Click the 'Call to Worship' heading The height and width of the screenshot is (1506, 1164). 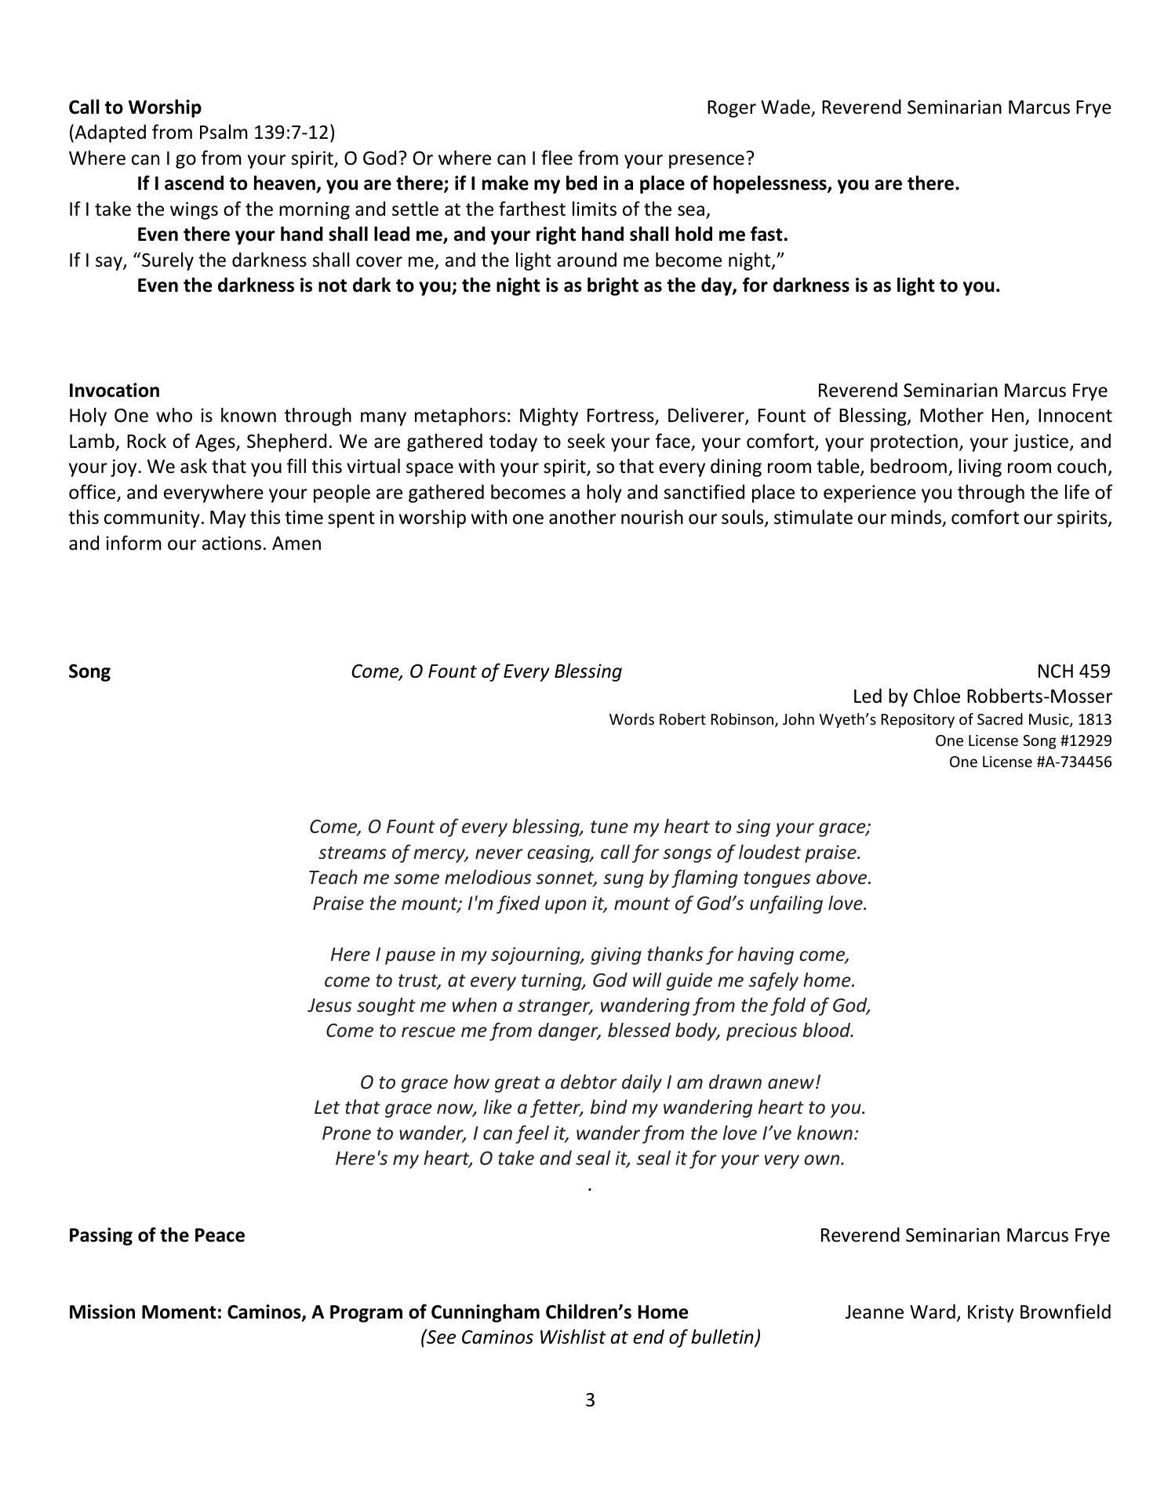tap(135, 107)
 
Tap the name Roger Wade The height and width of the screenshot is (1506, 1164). tap(758, 107)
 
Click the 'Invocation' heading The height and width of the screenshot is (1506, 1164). tap(114, 391)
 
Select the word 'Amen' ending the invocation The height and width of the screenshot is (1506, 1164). tap(297, 543)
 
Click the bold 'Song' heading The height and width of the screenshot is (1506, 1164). tap(89, 671)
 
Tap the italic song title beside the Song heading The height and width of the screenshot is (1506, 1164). tap(486, 671)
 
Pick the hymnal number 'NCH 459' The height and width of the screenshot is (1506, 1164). tap(1073, 671)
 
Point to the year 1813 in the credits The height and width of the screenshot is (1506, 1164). tap(1094, 720)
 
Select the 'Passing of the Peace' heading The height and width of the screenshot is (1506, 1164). tap(157, 1235)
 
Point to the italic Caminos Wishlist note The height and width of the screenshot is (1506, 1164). tap(591, 1337)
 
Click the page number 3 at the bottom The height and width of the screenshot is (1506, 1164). tap(590, 1400)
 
